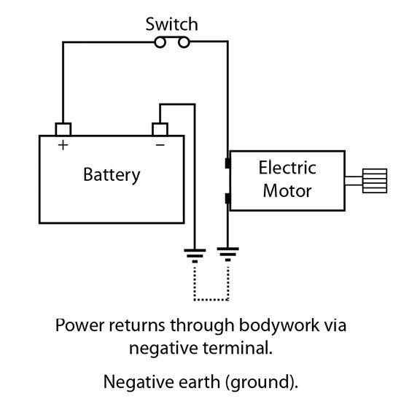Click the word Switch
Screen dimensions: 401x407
[x=172, y=24]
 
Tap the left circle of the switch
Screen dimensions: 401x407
[x=160, y=42]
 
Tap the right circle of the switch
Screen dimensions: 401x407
[x=184, y=42]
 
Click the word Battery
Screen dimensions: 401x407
[x=112, y=175]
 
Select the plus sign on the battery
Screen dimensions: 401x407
[x=63, y=145]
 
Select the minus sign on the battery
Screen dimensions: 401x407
[x=160, y=145]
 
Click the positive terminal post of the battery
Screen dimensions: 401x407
[x=63, y=129]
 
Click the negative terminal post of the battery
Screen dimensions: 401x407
[x=160, y=129]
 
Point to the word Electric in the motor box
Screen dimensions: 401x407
[x=287, y=168]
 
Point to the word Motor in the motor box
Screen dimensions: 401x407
[x=287, y=191]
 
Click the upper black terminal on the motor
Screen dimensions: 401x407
[x=227, y=163]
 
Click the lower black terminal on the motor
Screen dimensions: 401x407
[x=227, y=198]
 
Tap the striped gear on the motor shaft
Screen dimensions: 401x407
[x=375, y=181]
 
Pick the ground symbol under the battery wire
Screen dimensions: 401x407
[x=195, y=256]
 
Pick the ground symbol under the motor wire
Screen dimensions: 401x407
[x=227, y=254]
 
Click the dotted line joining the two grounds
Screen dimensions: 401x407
[x=211, y=300]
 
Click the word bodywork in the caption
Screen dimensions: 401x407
[x=279, y=325]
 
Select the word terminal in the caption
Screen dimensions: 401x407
[x=238, y=348]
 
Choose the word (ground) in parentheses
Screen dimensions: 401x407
[x=262, y=383]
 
